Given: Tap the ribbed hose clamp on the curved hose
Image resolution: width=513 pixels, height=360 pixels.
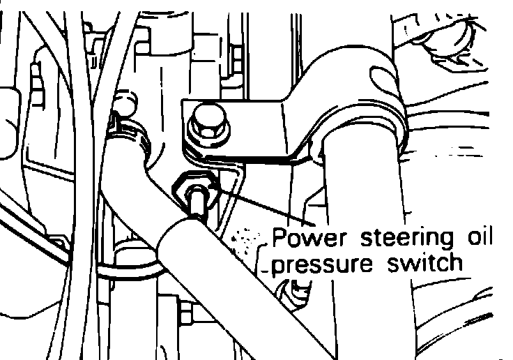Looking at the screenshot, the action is tap(131, 135).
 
